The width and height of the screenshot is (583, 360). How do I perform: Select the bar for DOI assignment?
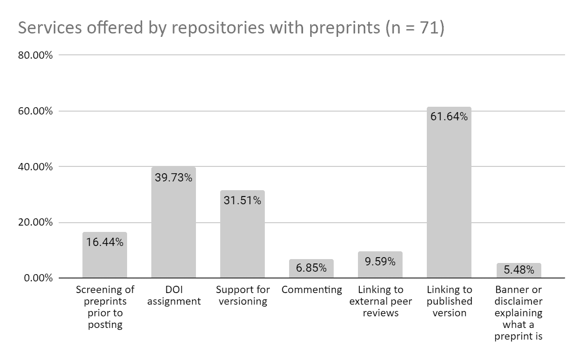pyautogui.click(x=173, y=228)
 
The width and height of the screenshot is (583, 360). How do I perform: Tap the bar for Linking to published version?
pyautogui.click(x=449, y=199)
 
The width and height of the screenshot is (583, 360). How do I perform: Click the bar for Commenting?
pyautogui.click(x=311, y=269)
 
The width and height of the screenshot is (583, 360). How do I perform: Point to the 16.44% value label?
pyautogui.click(x=105, y=242)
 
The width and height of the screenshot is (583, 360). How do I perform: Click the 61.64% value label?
pyautogui.click(x=449, y=116)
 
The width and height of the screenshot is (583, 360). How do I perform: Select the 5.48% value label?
pyautogui.click(x=518, y=270)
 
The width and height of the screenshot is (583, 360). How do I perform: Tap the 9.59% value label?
pyautogui.click(x=380, y=262)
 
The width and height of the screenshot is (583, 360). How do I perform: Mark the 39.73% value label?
pyautogui.click(x=173, y=178)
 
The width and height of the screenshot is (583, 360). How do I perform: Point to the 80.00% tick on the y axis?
pyautogui.click(x=34, y=55)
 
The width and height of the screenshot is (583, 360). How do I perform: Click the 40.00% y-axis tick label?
pyautogui.click(x=34, y=167)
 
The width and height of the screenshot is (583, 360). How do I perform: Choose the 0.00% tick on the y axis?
pyautogui.click(x=37, y=278)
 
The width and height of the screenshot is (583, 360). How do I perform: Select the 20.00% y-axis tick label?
pyautogui.click(x=34, y=223)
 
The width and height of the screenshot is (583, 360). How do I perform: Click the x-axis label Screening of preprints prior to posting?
pyautogui.click(x=105, y=307)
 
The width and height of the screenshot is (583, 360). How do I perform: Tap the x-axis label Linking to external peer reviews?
pyautogui.click(x=380, y=301)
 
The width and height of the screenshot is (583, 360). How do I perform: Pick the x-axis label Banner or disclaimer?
pyautogui.click(x=518, y=313)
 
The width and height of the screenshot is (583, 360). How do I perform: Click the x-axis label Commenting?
pyautogui.click(x=311, y=290)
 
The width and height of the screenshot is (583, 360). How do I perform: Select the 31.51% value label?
pyautogui.click(x=242, y=200)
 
